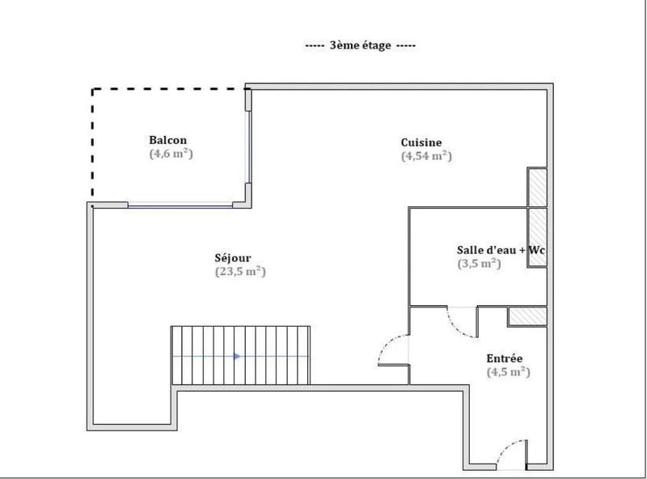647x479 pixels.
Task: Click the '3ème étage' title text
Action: pos(361,46)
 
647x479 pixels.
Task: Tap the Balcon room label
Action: pos(167,140)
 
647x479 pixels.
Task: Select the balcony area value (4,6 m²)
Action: pos(170,153)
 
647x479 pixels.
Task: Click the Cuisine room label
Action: pos(421,142)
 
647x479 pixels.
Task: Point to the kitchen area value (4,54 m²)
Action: pos(426,156)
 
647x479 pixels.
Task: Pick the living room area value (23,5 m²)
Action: pos(240,272)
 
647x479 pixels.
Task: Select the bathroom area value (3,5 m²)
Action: pos(480,263)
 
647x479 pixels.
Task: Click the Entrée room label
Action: pos(504,358)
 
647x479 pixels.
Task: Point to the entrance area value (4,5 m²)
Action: pos(508,372)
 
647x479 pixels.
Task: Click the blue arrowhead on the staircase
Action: pos(236,356)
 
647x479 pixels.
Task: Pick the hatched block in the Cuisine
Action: pos(537,188)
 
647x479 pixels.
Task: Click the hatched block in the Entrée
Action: pos(528,316)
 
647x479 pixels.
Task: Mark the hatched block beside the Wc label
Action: pos(537,236)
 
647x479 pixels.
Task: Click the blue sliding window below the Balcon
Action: pos(180,206)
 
